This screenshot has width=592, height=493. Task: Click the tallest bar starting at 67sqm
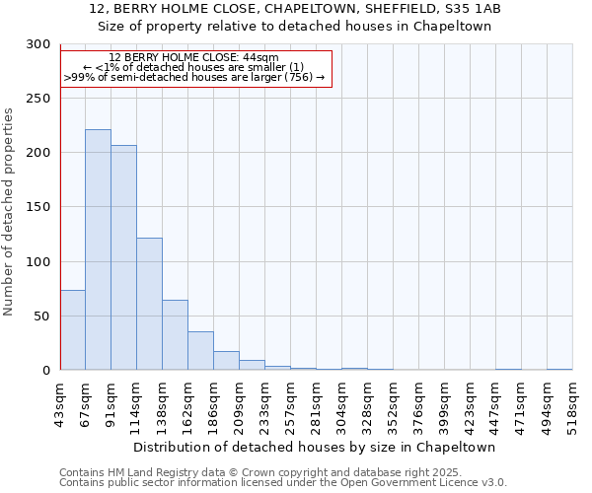click(98, 249)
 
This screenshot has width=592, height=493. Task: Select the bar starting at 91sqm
click(123, 257)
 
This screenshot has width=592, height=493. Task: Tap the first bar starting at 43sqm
click(72, 330)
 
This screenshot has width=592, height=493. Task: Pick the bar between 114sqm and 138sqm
click(149, 304)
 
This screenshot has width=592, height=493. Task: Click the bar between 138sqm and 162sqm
click(175, 335)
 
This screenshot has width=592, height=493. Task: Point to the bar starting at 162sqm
click(200, 351)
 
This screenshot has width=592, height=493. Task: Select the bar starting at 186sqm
click(226, 361)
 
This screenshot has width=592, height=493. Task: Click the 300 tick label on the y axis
click(38, 44)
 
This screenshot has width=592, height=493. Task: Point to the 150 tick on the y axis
click(38, 208)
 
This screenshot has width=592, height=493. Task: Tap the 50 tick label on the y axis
click(42, 317)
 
